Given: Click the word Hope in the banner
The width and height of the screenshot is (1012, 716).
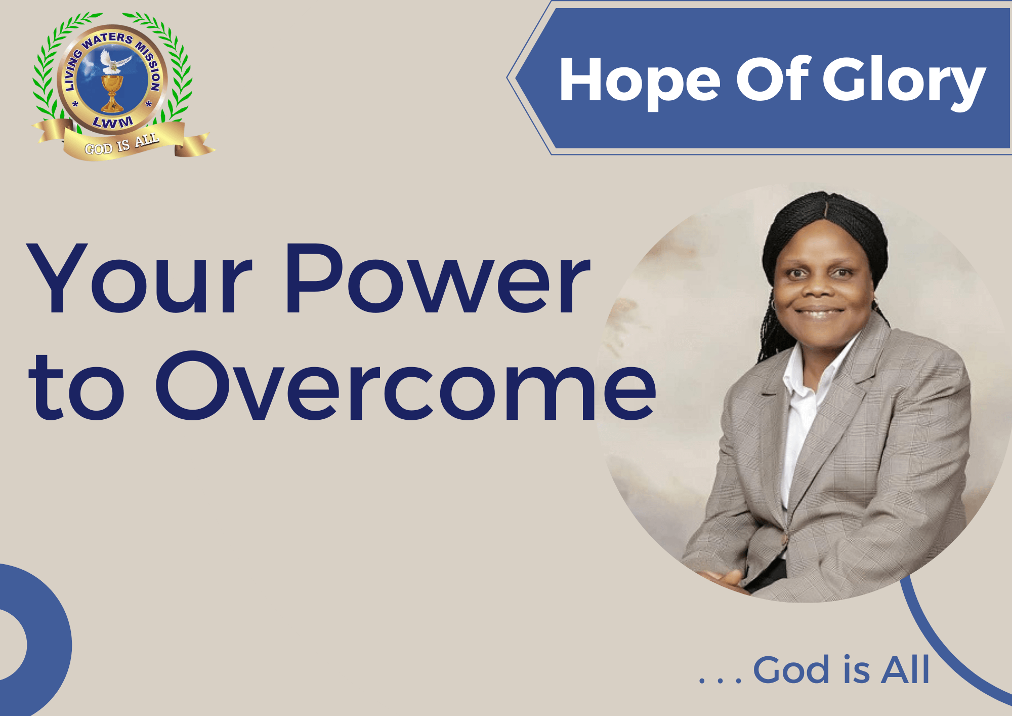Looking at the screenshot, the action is [640, 81].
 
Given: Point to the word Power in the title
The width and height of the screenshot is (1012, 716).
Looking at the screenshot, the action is [438, 279].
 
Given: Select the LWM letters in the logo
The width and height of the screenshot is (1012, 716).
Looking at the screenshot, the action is [113, 122].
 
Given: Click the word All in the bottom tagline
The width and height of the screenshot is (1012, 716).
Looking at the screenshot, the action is [905, 669].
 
